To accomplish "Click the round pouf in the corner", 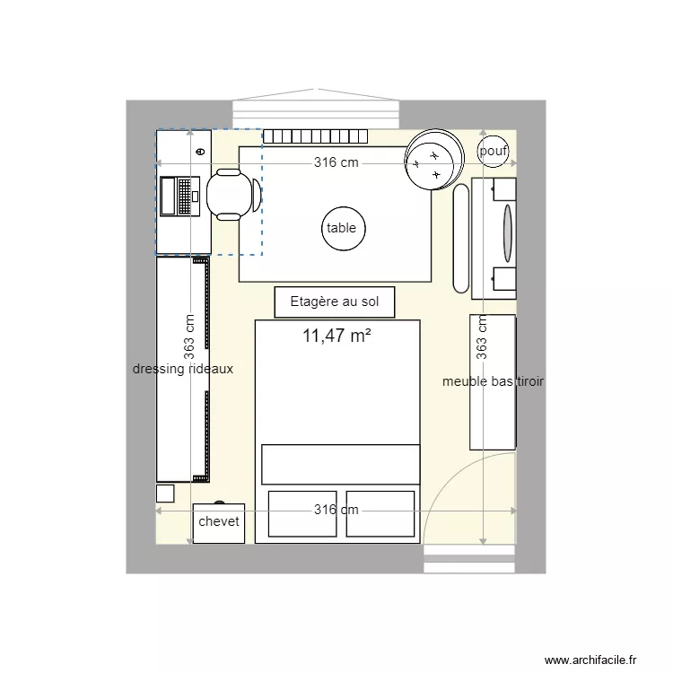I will [x=494, y=152].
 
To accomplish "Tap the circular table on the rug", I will [x=341, y=228].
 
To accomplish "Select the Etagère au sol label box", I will [x=335, y=302].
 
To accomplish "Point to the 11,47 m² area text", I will [x=337, y=336].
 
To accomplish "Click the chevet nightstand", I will [x=218, y=522].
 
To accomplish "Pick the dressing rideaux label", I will [x=183, y=369].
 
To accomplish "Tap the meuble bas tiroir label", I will [x=493, y=381].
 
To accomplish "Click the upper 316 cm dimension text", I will [x=336, y=162].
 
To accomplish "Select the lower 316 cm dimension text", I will [x=336, y=510].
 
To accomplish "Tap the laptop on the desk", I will [x=179, y=196].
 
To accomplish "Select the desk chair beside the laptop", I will [x=232, y=195].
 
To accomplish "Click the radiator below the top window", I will [x=316, y=136].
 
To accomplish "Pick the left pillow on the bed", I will [x=302, y=513].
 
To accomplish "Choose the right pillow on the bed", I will [x=382, y=513].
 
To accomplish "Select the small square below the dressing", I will [x=165, y=493].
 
